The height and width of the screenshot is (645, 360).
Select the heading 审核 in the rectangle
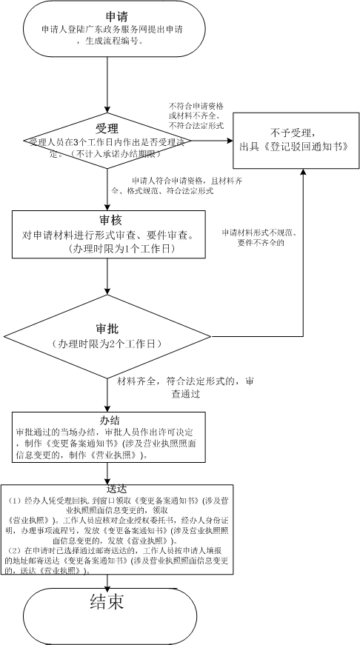tap(108, 221)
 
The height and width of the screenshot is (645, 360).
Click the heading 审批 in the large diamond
tap(108, 328)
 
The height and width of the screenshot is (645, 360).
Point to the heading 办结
tap(109, 418)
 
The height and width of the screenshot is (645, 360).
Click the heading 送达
tap(117, 489)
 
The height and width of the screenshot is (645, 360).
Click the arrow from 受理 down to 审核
tap(108, 189)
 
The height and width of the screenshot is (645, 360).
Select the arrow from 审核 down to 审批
tap(108, 274)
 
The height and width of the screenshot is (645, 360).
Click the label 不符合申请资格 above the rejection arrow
tap(196, 106)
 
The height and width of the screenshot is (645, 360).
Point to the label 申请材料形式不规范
tap(256, 233)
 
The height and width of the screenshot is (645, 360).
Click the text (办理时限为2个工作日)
tap(108, 345)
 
